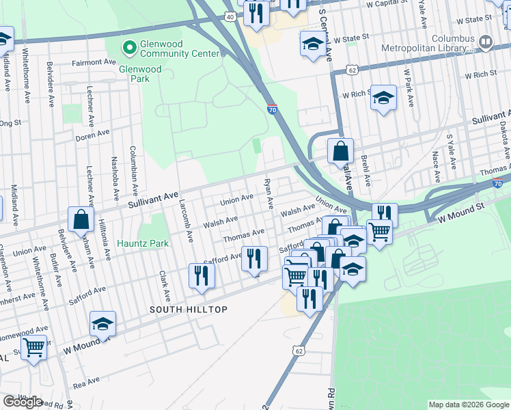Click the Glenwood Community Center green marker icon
(127, 47)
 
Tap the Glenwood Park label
(140, 69)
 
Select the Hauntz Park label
(142, 243)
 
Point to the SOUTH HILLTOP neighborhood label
(189, 310)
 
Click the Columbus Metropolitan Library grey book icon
(486, 42)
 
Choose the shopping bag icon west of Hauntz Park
(81, 219)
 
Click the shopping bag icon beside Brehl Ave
(340, 150)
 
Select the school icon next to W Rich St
(383, 97)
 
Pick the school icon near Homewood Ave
(102, 323)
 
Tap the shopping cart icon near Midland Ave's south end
(34, 347)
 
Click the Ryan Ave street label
(269, 195)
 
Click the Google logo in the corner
(23, 402)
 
